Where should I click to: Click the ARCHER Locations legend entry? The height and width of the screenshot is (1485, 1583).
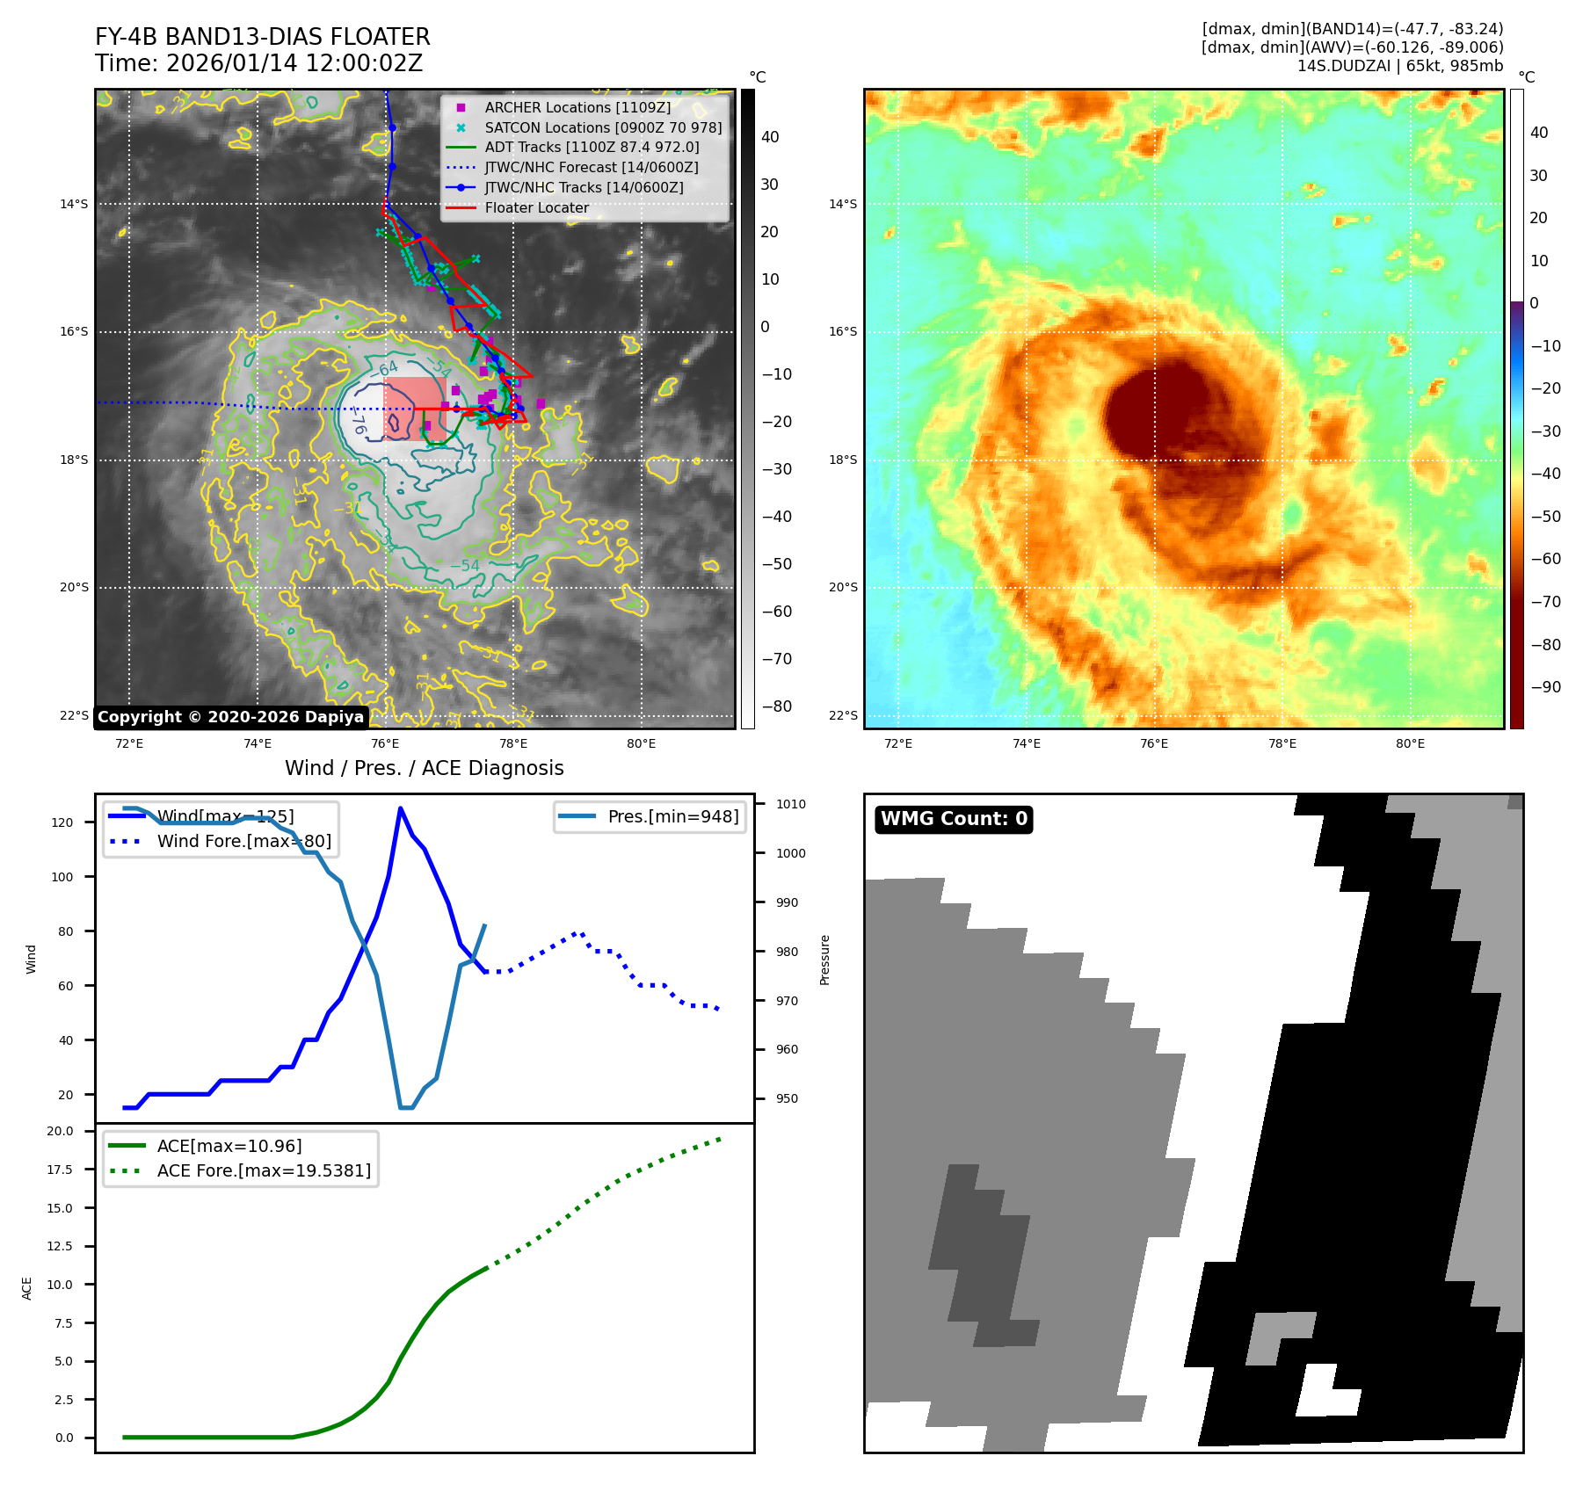point(577,107)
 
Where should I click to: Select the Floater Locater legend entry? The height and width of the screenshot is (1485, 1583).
point(536,207)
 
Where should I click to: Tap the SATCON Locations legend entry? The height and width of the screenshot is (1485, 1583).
point(603,127)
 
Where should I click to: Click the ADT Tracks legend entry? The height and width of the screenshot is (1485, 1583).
point(592,147)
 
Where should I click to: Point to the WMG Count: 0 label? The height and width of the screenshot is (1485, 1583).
point(954,819)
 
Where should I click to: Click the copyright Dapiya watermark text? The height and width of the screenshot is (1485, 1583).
point(230,717)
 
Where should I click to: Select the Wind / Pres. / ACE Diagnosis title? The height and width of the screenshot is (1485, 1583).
point(425,768)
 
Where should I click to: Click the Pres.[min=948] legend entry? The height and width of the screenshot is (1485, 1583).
point(672,816)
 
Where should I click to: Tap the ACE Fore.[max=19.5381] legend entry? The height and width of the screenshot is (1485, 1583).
point(264,1170)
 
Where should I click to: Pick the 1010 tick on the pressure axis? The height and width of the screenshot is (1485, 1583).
point(790,804)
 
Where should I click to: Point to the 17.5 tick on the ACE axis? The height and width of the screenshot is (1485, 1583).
point(60,1170)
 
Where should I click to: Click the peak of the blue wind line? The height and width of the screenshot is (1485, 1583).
point(400,808)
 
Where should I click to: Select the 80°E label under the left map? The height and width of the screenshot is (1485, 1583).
point(642,743)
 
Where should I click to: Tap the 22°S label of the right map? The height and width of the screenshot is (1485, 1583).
point(842,715)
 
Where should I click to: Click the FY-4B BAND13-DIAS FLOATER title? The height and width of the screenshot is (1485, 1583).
point(263,37)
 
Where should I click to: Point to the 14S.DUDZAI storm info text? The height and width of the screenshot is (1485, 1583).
point(1399,66)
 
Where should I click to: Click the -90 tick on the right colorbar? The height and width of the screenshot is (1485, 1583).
point(1545,687)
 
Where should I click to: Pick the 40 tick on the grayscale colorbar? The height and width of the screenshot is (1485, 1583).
point(770,136)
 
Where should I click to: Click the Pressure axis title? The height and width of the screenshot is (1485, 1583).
point(824,960)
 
